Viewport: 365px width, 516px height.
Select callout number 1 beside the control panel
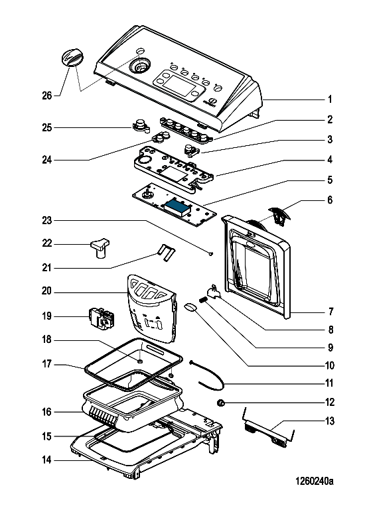point(329,99)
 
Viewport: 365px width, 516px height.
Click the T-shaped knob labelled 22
point(100,247)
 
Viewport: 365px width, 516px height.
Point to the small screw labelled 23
point(211,253)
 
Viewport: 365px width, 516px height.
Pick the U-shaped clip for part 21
point(167,253)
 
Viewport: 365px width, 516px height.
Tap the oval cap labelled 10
point(190,307)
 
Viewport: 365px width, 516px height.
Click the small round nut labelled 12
point(221,403)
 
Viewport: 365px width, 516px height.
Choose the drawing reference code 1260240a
point(314,481)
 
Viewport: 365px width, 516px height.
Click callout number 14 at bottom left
point(46,460)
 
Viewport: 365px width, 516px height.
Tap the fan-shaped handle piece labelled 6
point(279,215)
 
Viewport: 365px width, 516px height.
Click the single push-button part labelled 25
point(141,126)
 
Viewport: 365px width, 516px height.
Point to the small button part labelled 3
point(192,150)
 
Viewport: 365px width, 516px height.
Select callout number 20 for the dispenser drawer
point(46,291)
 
